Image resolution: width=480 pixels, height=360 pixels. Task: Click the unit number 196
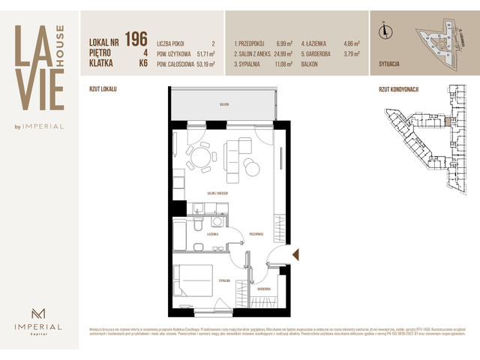136,38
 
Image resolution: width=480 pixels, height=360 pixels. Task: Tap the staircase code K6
142,64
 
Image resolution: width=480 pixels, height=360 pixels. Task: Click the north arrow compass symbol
385,31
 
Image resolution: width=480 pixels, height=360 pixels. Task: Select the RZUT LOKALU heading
103,88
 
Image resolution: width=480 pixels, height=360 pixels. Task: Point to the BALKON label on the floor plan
223,104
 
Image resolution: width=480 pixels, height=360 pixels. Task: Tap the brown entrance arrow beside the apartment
295,254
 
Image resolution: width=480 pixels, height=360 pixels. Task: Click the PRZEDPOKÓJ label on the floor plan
256,234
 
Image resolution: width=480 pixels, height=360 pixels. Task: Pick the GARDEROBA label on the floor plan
263,288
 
